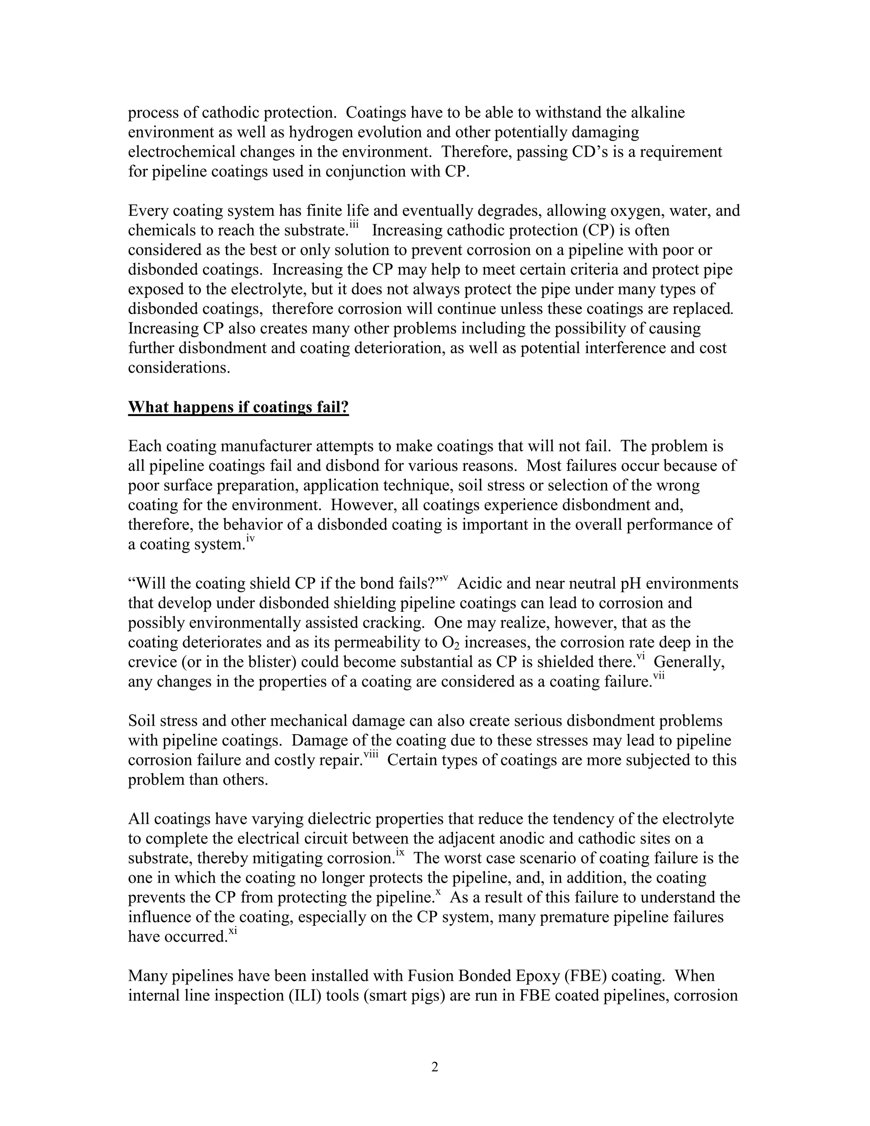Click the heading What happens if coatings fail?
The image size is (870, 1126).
click(238, 407)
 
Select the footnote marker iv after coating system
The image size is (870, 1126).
click(251, 539)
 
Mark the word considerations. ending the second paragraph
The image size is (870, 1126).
click(179, 368)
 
